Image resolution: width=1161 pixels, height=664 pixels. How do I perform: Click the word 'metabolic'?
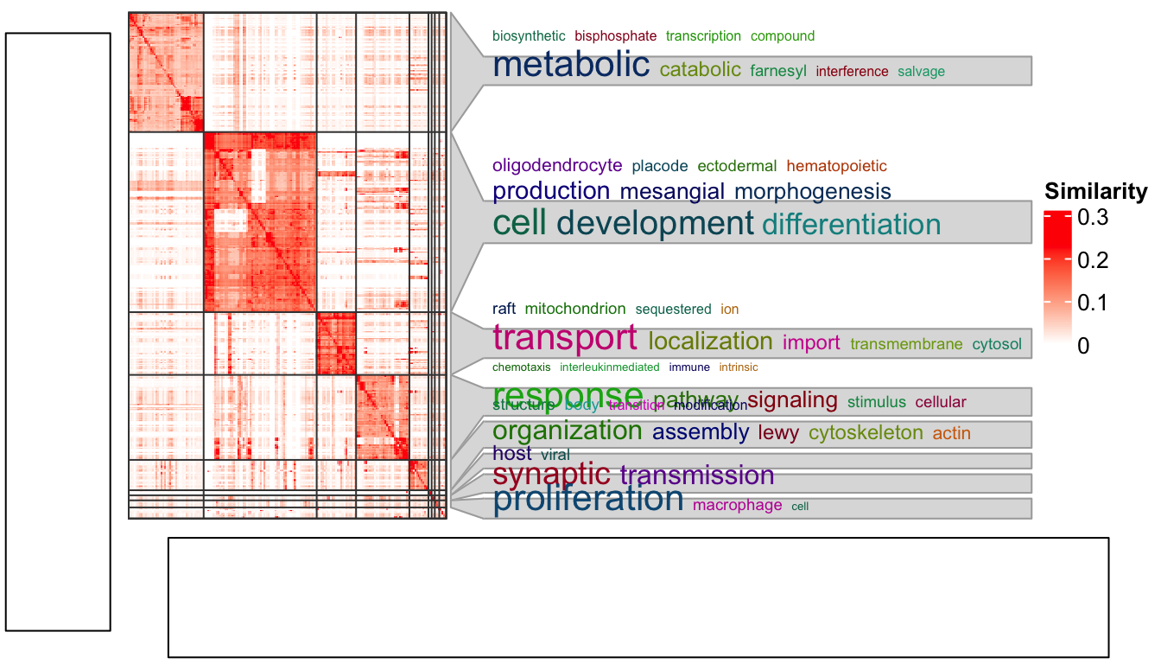(x=570, y=66)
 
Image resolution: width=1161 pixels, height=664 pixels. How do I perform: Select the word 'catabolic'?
(x=700, y=70)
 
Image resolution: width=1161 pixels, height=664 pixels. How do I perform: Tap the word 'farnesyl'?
(x=778, y=72)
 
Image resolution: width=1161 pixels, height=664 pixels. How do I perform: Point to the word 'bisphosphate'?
(x=616, y=36)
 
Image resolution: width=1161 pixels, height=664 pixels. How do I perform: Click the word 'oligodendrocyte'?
(x=557, y=165)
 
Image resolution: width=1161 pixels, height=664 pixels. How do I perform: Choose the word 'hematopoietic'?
(x=836, y=166)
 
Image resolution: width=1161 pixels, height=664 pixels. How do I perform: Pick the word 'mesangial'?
(x=673, y=192)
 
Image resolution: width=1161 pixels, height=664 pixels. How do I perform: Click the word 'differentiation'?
(x=851, y=225)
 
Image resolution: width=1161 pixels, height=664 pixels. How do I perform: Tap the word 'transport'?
(x=565, y=338)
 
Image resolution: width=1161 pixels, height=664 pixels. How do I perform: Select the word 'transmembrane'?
(x=906, y=344)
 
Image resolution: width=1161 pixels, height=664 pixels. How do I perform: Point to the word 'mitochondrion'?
(x=574, y=309)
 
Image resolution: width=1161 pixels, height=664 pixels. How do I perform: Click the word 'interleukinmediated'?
(x=610, y=367)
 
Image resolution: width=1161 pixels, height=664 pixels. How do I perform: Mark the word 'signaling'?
(x=792, y=400)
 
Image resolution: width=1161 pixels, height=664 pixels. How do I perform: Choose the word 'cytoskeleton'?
(x=866, y=433)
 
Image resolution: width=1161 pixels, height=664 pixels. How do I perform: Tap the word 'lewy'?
(x=779, y=433)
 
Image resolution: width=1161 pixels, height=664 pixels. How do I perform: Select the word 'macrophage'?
(x=737, y=505)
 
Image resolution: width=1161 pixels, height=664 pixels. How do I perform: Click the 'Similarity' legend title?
(x=1095, y=191)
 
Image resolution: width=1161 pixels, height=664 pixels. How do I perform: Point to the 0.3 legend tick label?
(x=1092, y=219)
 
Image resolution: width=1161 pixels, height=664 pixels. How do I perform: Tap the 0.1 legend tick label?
(x=1092, y=303)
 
